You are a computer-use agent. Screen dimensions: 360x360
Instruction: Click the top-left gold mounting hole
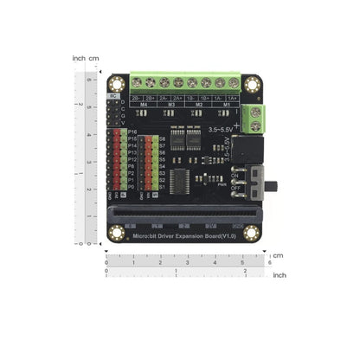pyautogui.click(x=117, y=84)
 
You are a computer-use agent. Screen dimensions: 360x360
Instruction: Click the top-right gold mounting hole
pyautogui.click(x=252, y=84)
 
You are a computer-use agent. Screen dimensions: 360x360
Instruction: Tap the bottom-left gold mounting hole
pyautogui.click(x=117, y=232)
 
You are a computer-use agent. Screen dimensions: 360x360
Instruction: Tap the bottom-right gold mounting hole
pyautogui.click(x=251, y=232)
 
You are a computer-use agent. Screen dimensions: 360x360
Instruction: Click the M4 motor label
pyautogui.click(x=143, y=106)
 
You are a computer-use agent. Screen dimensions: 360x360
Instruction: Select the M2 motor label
pyautogui.click(x=200, y=106)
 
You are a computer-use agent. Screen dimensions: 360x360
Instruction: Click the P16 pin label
pyautogui.click(x=132, y=131)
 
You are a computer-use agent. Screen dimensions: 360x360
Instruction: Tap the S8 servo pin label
pyautogui.click(x=161, y=138)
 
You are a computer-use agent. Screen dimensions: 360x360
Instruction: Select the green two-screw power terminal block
pyautogui.click(x=251, y=116)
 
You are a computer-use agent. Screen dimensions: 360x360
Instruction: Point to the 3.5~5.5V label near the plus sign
pyautogui.click(x=221, y=130)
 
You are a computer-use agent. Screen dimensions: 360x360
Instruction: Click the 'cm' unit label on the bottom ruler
pyautogui.click(x=276, y=256)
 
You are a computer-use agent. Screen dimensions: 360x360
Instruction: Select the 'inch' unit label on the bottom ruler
pyautogui.click(x=279, y=274)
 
